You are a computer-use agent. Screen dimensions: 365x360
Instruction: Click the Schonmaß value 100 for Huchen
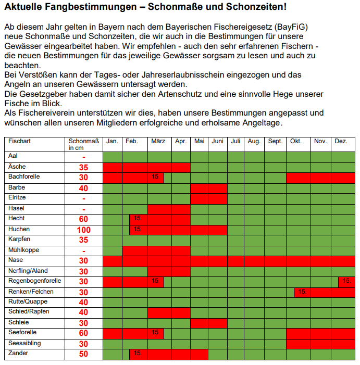pos(83,230)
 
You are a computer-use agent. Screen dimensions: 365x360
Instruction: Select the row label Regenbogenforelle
pos(34,281)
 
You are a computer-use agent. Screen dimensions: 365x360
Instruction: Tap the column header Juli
pos(236,141)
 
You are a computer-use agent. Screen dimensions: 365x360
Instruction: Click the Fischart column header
pos(20,141)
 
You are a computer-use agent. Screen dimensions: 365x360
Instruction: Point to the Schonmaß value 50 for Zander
pos(83,354)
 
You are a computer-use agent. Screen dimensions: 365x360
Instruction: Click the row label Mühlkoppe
pos(23,249)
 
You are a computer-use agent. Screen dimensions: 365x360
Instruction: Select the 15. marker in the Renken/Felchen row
pos(302,292)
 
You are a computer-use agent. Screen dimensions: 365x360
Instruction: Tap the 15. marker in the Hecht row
pos(138,219)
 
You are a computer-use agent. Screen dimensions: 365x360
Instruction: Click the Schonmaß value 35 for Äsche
pos(83,167)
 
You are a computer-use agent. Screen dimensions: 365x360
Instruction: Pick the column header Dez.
pos(341,141)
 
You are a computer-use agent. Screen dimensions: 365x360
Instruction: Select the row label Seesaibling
pos(24,343)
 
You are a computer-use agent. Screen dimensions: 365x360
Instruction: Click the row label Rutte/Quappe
pos(27,301)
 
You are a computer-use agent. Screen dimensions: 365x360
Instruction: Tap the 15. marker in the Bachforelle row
pos(155,177)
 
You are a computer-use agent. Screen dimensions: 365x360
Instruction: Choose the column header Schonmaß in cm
pos(83,144)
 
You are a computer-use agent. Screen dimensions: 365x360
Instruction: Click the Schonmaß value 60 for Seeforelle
pos(83,333)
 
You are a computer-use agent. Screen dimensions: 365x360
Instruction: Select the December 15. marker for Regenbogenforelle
pos(346,281)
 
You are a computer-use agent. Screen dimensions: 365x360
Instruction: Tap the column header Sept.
pos(275,141)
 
